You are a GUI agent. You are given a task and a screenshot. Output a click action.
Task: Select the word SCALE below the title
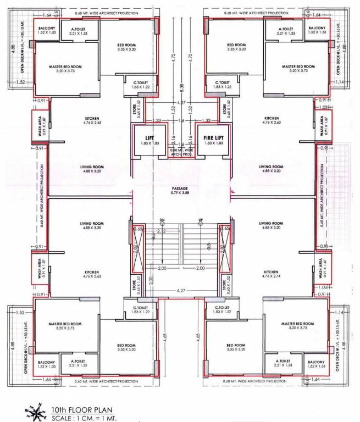pos(61,418)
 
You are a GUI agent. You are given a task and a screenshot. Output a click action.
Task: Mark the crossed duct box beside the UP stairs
pos(224,248)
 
